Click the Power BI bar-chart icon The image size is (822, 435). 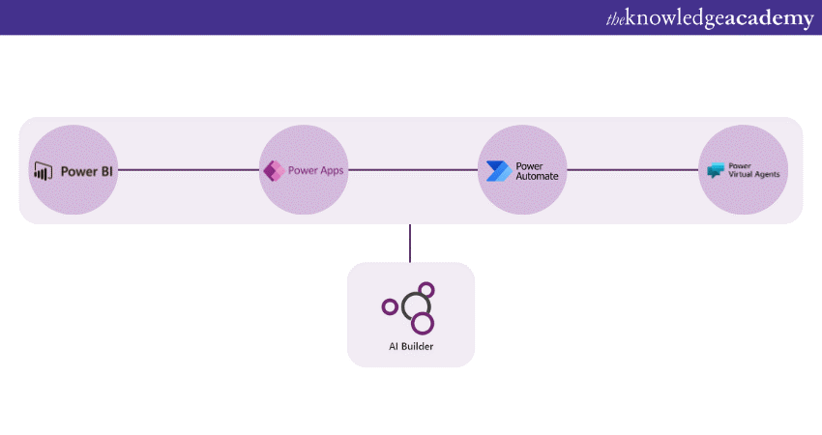coord(42,172)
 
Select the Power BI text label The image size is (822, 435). coord(86,172)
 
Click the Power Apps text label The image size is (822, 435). coord(315,170)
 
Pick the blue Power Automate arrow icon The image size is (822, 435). coord(499,171)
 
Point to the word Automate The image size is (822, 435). coord(537,177)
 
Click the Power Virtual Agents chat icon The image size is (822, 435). coord(716,170)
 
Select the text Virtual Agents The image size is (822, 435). coord(755,175)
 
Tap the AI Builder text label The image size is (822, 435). coord(411,346)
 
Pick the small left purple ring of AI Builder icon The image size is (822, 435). coord(390,307)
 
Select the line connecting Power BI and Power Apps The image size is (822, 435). coord(188,170)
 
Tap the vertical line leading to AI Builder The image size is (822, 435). coord(410,243)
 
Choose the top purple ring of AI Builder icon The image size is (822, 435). coord(426,289)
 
